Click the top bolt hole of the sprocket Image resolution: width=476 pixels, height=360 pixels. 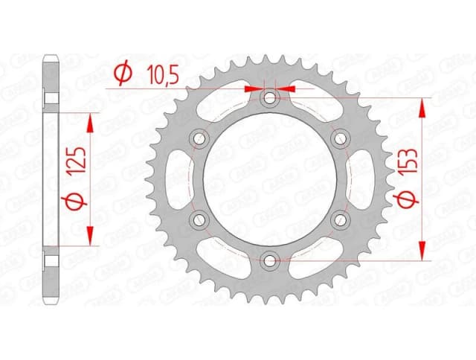coord(270,97)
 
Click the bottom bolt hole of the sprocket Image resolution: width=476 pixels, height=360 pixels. coord(270,259)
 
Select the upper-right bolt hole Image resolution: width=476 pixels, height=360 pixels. coord(340,138)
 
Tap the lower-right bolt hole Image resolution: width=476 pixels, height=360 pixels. coord(340,219)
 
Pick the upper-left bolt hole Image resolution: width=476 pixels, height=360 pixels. coord(199,138)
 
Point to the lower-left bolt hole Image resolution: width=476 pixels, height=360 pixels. coord(199,219)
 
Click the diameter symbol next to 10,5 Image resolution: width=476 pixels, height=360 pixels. coord(124,73)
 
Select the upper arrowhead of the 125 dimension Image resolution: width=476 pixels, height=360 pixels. coord(92,121)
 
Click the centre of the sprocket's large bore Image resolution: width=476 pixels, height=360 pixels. coord(270,179)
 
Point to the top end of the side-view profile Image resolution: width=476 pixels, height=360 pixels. coord(51,60)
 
